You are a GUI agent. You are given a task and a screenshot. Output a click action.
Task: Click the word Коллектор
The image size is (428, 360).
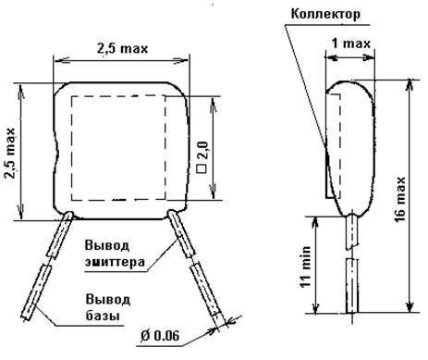(x=325, y=14)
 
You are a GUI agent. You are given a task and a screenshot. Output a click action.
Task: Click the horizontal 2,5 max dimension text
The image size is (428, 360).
(x=123, y=48)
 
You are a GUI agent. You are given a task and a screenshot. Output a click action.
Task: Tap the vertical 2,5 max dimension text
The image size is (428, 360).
(x=10, y=153)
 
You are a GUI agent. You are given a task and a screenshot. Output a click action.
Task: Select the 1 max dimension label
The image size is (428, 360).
(x=350, y=43)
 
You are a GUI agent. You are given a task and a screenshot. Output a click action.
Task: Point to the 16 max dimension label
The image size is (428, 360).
(x=400, y=199)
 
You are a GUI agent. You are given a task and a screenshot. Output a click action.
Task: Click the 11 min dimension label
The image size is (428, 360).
(x=306, y=267)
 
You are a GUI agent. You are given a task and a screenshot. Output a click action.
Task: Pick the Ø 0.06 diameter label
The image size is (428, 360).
(x=160, y=336)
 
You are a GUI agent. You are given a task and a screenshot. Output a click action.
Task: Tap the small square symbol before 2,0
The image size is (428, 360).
(x=202, y=168)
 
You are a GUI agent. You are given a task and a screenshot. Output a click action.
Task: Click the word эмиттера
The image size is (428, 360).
(x=115, y=262)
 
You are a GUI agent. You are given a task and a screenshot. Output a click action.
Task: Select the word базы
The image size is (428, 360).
(x=103, y=316)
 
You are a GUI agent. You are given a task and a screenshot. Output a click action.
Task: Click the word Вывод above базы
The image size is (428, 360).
(x=108, y=300)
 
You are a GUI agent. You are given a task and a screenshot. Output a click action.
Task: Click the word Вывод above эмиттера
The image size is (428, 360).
(x=107, y=246)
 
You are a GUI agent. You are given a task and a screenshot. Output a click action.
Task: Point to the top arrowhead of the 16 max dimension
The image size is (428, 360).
(x=410, y=84)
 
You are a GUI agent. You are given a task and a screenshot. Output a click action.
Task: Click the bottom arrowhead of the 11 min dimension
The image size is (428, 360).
(x=315, y=309)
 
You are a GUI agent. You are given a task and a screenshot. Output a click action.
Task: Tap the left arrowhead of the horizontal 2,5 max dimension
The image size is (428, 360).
(x=59, y=60)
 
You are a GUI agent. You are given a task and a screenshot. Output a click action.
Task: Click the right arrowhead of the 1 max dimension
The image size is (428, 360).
(x=369, y=57)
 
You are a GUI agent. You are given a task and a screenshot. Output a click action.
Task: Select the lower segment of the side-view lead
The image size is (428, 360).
(x=352, y=286)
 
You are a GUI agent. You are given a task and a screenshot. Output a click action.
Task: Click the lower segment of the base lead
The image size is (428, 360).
(x=37, y=292)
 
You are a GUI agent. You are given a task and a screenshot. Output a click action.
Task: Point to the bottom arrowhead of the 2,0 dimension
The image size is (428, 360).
(x=213, y=192)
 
